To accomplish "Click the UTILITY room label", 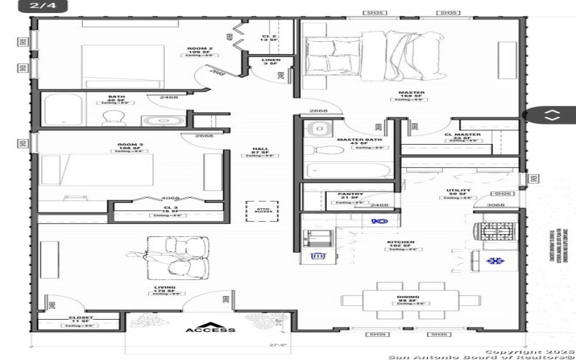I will [458, 191].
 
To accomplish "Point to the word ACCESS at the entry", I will [210, 330].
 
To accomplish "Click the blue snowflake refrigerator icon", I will [494, 261].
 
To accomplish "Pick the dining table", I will [409, 295].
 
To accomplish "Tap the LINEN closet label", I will [271, 60].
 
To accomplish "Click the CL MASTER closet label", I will [462, 135].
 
